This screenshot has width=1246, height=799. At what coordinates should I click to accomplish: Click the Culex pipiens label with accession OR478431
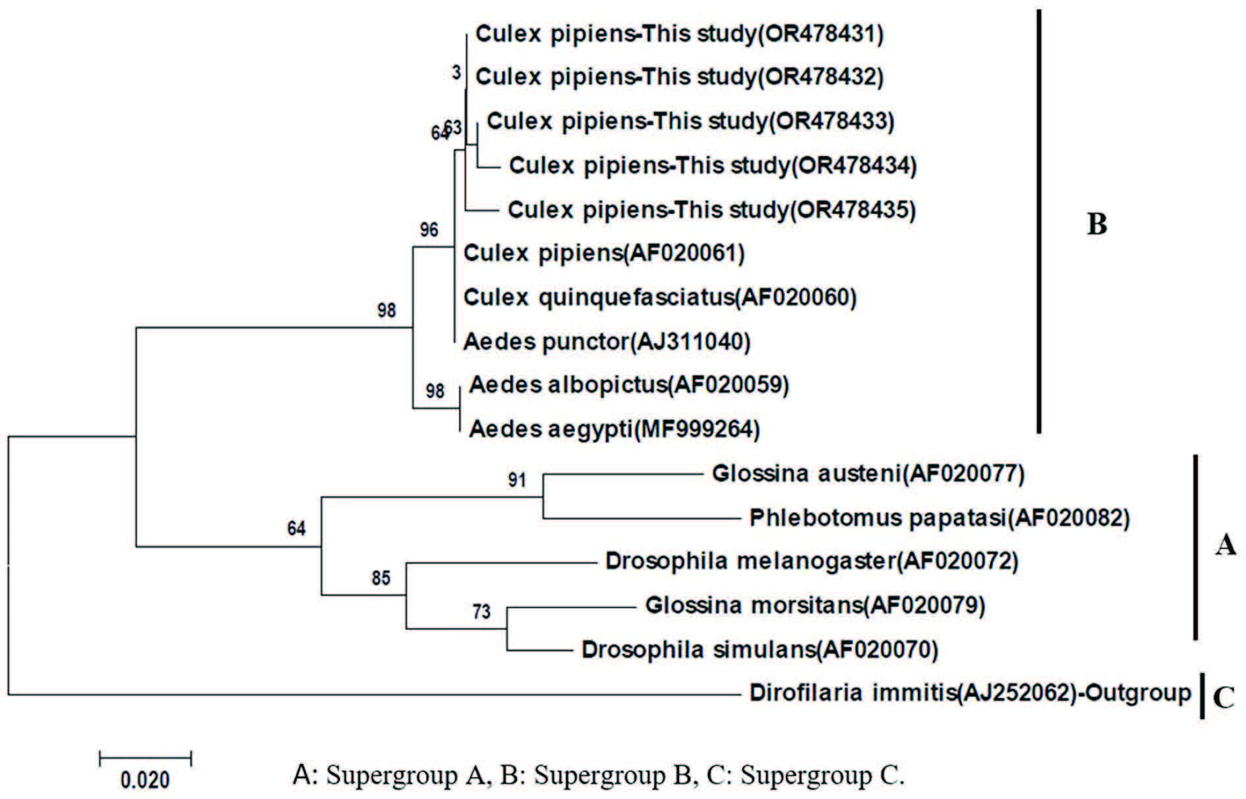pyautogui.click(x=679, y=34)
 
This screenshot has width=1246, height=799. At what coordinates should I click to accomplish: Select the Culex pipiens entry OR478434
pyautogui.click(x=713, y=165)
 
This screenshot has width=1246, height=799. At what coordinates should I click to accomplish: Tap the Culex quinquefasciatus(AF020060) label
pyautogui.click(x=660, y=298)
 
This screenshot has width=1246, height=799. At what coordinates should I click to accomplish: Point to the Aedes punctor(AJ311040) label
pyautogui.click(x=607, y=341)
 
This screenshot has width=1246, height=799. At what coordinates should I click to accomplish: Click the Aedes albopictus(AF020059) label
pyautogui.click(x=629, y=385)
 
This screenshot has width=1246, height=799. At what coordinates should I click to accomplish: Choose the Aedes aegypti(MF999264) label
pyautogui.click(x=614, y=430)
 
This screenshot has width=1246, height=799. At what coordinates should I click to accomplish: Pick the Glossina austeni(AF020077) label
pyautogui.click(x=868, y=474)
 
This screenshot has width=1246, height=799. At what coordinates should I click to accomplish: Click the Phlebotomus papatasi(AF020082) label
pyautogui.click(x=939, y=518)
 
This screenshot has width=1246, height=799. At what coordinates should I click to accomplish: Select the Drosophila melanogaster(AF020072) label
pyautogui.click(x=812, y=561)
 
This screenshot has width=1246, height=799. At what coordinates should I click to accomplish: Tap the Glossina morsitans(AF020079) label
pyautogui.click(x=815, y=605)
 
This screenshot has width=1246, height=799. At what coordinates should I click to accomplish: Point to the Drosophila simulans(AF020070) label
pyautogui.click(x=759, y=650)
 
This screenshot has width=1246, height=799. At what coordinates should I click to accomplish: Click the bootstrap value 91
pyautogui.click(x=517, y=480)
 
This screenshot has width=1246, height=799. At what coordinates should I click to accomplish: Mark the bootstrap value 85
pyautogui.click(x=381, y=578)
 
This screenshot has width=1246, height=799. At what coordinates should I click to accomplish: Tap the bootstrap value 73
pyautogui.click(x=481, y=612)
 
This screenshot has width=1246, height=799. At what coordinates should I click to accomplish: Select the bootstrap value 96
pyautogui.click(x=429, y=230)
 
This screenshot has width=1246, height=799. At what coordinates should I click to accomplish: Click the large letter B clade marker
pyautogui.click(x=1096, y=225)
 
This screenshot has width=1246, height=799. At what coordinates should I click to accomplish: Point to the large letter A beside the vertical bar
pyautogui.click(x=1225, y=546)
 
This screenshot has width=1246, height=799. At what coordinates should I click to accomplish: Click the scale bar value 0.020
pyautogui.click(x=145, y=781)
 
